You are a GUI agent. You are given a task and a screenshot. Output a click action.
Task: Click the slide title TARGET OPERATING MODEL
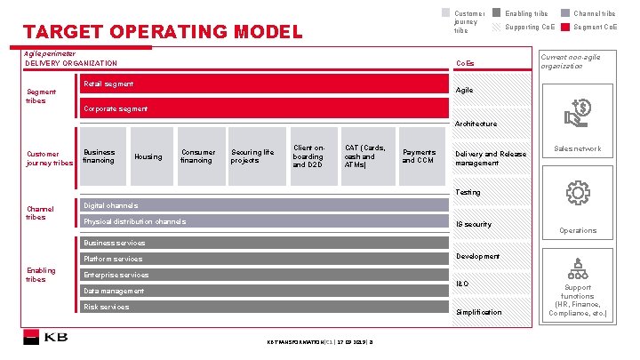point(162,34)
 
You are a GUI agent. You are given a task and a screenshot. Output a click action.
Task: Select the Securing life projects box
point(252,156)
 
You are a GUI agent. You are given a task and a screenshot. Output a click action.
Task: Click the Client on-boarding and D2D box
point(310,156)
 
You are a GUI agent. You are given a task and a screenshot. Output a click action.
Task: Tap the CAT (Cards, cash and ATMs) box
point(366,156)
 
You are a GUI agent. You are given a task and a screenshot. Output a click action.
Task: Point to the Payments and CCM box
point(420,156)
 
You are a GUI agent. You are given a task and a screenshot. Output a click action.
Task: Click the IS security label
point(474,224)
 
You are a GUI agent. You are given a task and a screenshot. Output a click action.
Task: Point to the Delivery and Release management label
point(491,158)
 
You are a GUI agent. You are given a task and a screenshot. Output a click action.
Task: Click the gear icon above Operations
point(578,193)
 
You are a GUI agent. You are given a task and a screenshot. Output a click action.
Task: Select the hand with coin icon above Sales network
point(578,113)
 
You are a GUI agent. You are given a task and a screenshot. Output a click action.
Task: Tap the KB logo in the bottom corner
point(46,339)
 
